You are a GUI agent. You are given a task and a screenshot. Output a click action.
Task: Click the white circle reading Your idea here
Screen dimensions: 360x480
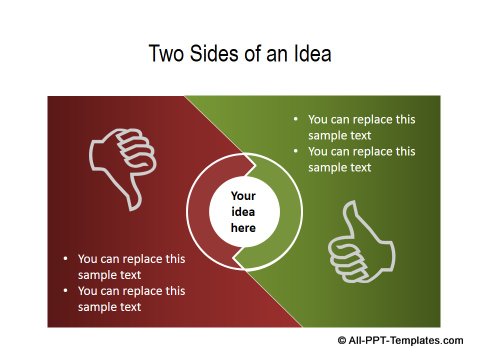tap(243, 212)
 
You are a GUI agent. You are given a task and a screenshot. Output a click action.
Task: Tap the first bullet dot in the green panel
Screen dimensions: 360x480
tap(295, 119)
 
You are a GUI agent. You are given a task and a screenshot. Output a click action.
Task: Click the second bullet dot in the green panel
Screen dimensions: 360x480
tap(295, 151)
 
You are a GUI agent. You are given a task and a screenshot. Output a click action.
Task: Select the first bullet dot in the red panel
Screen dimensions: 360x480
tap(65, 258)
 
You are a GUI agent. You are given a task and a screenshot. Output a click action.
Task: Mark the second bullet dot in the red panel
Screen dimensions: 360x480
tap(65, 291)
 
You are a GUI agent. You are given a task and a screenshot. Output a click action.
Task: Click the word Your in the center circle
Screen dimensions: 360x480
tap(243, 196)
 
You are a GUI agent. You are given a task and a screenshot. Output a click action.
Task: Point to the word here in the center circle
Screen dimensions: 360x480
tap(243, 228)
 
